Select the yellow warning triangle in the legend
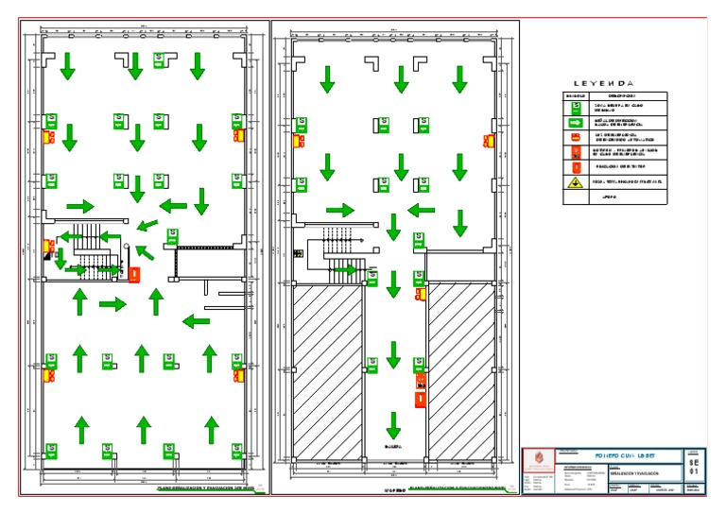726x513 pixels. click(x=573, y=182)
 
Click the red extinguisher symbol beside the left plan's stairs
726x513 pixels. click(x=134, y=275)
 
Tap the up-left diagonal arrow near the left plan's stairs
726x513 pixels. click(x=144, y=251)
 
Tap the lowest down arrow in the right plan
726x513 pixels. click(x=393, y=424)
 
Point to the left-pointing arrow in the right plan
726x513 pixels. click(x=422, y=210)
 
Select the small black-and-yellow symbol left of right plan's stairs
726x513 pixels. click(x=297, y=252)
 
